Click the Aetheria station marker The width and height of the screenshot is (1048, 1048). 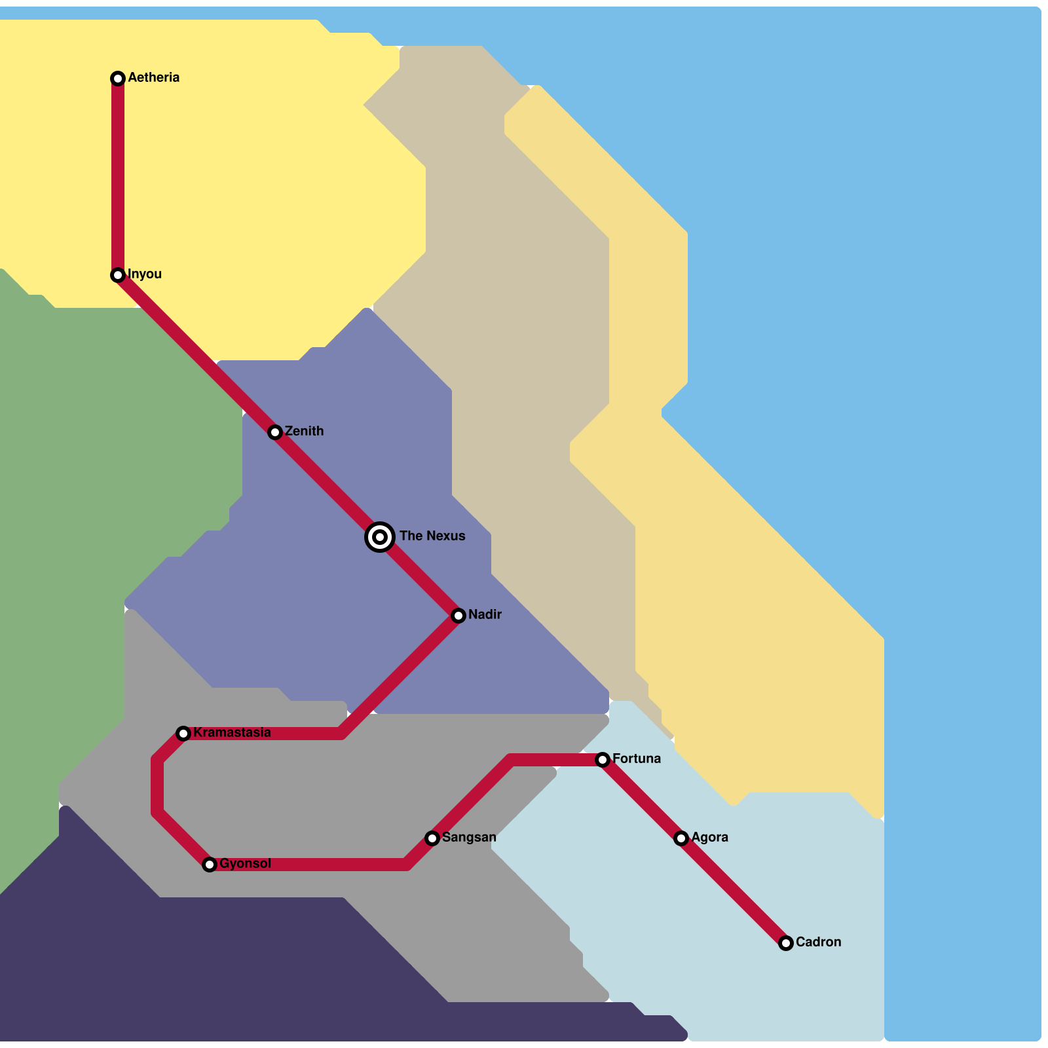pyautogui.click(x=118, y=79)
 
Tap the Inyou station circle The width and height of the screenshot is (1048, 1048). pyautogui.click(x=118, y=275)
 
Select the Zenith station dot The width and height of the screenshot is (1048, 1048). pyautogui.click(x=275, y=432)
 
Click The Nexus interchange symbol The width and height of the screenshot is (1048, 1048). pyautogui.click(x=380, y=537)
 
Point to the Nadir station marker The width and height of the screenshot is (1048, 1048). pyautogui.click(x=458, y=616)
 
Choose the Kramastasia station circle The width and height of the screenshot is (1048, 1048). pyautogui.click(x=183, y=734)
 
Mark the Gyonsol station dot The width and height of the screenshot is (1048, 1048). pyautogui.click(x=210, y=865)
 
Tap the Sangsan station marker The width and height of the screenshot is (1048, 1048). pyautogui.click(x=432, y=838)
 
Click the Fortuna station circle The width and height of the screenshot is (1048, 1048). pyautogui.click(x=603, y=760)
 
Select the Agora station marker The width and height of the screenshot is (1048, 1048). pyautogui.click(x=681, y=838)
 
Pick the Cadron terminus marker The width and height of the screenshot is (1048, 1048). pyautogui.click(x=786, y=943)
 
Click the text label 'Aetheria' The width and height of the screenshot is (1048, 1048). pyautogui.click(x=153, y=77)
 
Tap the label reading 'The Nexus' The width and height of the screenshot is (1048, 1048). pyautogui.click(x=432, y=536)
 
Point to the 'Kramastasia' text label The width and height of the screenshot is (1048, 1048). pyautogui.click(x=232, y=732)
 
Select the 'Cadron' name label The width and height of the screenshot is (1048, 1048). pyautogui.click(x=818, y=942)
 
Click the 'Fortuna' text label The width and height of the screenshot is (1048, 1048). pyautogui.click(x=636, y=758)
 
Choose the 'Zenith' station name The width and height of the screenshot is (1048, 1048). pyautogui.click(x=304, y=431)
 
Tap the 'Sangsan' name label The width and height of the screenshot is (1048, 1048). pyautogui.click(x=469, y=837)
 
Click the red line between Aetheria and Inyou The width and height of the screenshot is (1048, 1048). pyautogui.click(x=118, y=177)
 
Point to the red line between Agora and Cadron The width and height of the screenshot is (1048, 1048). pyautogui.click(x=734, y=891)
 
